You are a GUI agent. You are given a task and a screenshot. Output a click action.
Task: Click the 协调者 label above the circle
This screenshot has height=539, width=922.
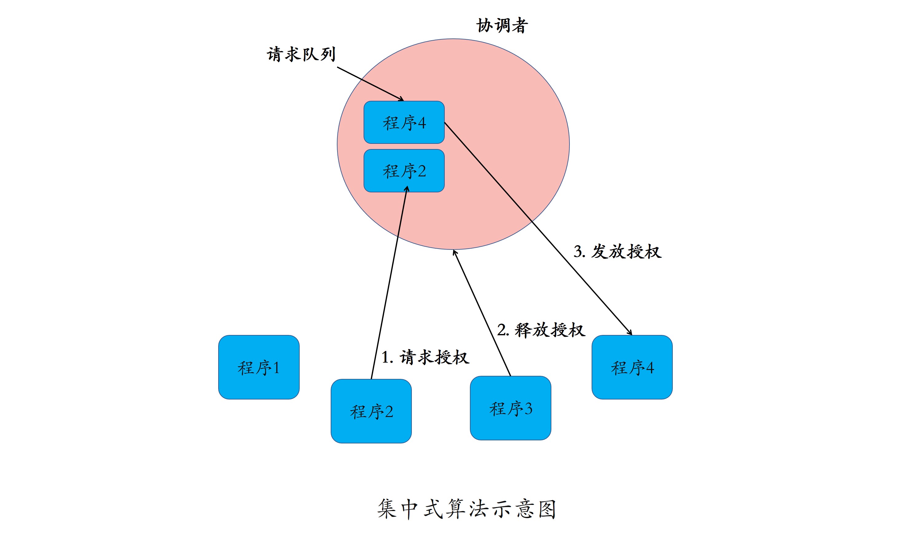pyautogui.click(x=502, y=26)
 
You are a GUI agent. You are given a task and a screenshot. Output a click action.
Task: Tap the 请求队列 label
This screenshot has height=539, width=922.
pyautogui.click(x=301, y=54)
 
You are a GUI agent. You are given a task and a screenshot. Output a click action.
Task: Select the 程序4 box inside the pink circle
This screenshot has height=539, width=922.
pyautogui.click(x=404, y=122)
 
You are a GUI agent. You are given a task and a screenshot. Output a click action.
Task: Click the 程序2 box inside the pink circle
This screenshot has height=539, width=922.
pyautogui.click(x=404, y=171)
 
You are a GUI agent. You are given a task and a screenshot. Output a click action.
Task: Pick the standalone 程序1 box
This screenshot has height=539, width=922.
pyautogui.click(x=259, y=367)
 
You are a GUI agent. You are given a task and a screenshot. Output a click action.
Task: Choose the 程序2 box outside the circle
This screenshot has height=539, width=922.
pyautogui.click(x=371, y=411)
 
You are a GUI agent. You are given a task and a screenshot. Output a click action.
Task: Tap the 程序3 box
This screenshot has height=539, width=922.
pyautogui.click(x=510, y=408)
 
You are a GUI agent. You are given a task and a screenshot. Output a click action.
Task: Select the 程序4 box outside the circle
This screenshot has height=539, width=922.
pyautogui.click(x=632, y=367)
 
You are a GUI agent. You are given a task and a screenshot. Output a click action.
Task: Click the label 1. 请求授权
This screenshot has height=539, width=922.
pyautogui.click(x=425, y=357)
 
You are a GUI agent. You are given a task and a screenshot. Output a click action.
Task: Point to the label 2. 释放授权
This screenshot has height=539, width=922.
pyautogui.click(x=541, y=330)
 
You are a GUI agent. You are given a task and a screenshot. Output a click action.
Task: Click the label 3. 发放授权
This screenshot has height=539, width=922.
pyautogui.click(x=617, y=251)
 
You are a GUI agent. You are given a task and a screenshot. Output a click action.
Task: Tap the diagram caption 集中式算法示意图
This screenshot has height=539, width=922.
pyautogui.click(x=467, y=509)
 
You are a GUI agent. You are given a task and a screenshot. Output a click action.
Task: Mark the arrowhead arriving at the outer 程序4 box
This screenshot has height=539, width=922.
pyautogui.click(x=630, y=332)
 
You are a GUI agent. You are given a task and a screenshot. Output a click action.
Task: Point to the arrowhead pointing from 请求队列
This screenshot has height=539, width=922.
pyautogui.click(x=402, y=99)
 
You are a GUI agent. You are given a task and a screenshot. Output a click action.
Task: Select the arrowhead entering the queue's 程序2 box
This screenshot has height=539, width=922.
pyautogui.click(x=407, y=188)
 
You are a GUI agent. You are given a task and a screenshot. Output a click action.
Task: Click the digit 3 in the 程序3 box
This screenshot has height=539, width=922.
pyautogui.click(x=528, y=408)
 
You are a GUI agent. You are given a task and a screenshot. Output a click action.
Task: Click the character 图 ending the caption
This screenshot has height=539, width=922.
pyautogui.click(x=547, y=509)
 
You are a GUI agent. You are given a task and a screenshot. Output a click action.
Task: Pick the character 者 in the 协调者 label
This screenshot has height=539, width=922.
pyautogui.click(x=519, y=26)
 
